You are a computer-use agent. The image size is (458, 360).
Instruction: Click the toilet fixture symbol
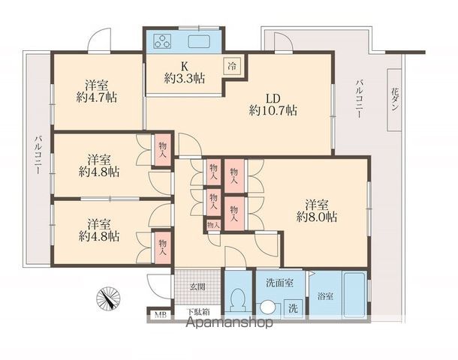[x=237, y=301]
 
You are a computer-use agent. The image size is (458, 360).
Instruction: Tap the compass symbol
[x=108, y=298]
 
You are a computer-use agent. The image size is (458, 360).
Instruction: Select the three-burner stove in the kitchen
[x=163, y=41]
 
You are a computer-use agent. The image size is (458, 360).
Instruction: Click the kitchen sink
[x=199, y=41]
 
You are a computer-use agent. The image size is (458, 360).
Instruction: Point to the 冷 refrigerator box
[x=233, y=66]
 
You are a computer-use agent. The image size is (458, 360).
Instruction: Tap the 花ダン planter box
[x=394, y=100]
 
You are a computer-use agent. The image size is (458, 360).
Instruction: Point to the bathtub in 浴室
[x=354, y=294]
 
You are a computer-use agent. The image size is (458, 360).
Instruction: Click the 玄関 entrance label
[x=197, y=286]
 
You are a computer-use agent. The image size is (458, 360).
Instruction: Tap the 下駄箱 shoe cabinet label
[x=198, y=311]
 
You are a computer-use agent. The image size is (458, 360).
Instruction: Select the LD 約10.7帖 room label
[x=273, y=104]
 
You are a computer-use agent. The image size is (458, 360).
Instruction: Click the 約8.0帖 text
[x=317, y=217]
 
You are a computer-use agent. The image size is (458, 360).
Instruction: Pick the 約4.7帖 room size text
[x=97, y=97]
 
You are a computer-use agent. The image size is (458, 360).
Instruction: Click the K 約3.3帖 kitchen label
[x=184, y=73]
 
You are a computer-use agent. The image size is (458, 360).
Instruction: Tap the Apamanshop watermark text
[x=230, y=322]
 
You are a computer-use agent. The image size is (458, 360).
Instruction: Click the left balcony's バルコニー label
[x=38, y=154]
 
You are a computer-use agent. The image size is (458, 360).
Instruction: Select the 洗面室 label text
[x=280, y=283]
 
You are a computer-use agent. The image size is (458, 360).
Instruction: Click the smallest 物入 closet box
[x=213, y=225]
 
